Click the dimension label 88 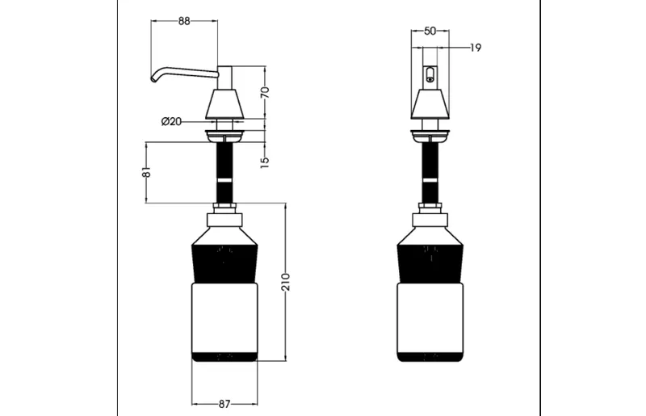click(x=184, y=21)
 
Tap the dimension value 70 click(x=265, y=91)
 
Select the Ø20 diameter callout click(x=171, y=122)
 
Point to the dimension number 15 click(x=265, y=162)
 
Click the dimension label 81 click(x=146, y=172)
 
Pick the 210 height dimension click(x=286, y=282)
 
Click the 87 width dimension click(x=224, y=405)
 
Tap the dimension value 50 click(x=430, y=31)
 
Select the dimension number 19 click(x=476, y=48)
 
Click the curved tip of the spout click(x=154, y=78)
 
